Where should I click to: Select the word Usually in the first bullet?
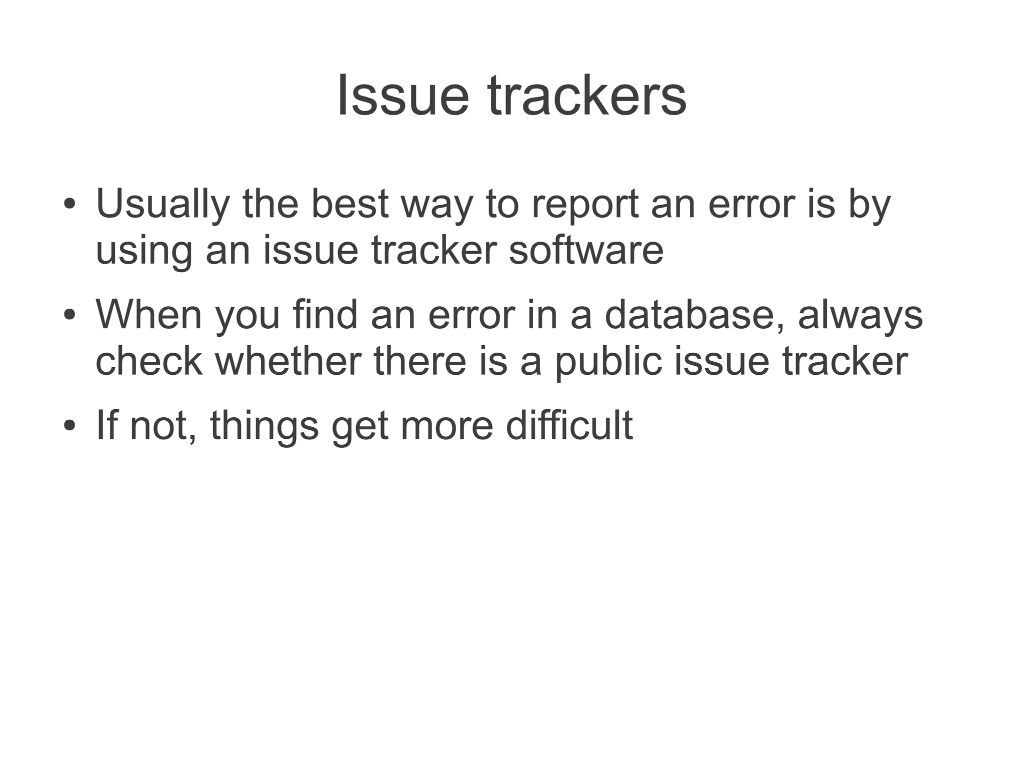click(x=162, y=204)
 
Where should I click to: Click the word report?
click(x=584, y=204)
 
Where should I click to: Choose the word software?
click(x=586, y=250)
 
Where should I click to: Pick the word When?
click(x=149, y=315)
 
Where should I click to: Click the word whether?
click(x=288, y=361)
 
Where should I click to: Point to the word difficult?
click(x=569, y=425)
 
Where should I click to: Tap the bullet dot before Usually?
click(x=69, y=205)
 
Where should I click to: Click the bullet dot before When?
click(x=69, y=315)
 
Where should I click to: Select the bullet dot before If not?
click(x=69, y=426)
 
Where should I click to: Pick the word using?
click(x=144, y=251)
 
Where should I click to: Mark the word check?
click(x=149, y=361)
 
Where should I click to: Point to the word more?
click(x=447, y=426)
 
